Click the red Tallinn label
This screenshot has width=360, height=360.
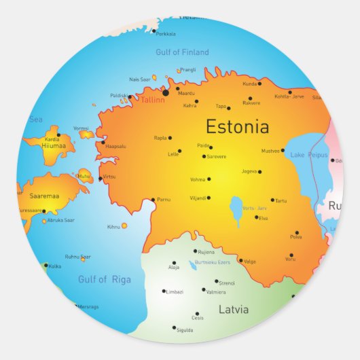point(153,99)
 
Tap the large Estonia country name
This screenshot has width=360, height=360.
point(237,126)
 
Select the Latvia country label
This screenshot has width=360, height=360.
point(233,309)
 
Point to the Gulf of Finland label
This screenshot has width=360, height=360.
point(182,52)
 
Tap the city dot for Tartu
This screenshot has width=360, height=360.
point(272,200)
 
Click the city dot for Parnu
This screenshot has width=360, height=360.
point(152,200)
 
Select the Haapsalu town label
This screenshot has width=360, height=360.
point(115,147)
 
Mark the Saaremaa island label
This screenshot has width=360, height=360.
point(44,196)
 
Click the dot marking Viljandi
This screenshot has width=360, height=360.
point(209,198)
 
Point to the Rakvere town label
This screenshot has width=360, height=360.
point(251,103)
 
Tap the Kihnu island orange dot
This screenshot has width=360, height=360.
point(124,226)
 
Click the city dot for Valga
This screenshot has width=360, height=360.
point(240,261)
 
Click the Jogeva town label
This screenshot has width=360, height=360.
point(249,171)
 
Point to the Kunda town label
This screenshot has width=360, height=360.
point(249,84)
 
